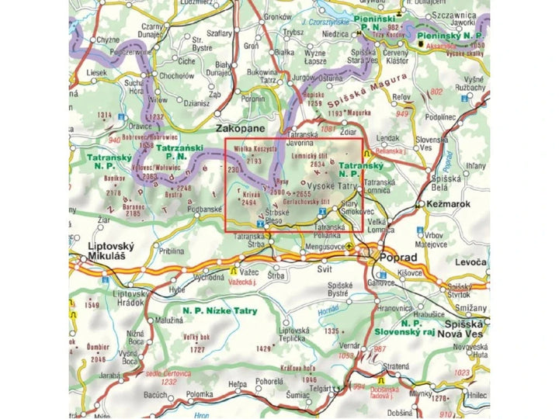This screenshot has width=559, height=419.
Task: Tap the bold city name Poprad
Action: point(394,257)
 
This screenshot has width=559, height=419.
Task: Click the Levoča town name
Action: point(469,264)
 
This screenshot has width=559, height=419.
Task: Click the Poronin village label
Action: point(253,99)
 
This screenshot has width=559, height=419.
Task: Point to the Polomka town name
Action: point(199,394)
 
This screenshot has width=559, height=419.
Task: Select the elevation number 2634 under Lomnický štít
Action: point(318,164)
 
